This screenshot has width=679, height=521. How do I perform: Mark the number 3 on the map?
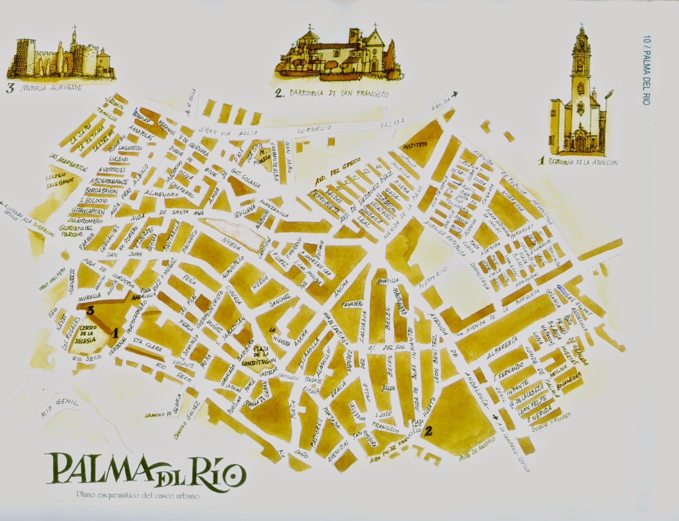point(90,311)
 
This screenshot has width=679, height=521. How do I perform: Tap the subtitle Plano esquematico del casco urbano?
point(138,494)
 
